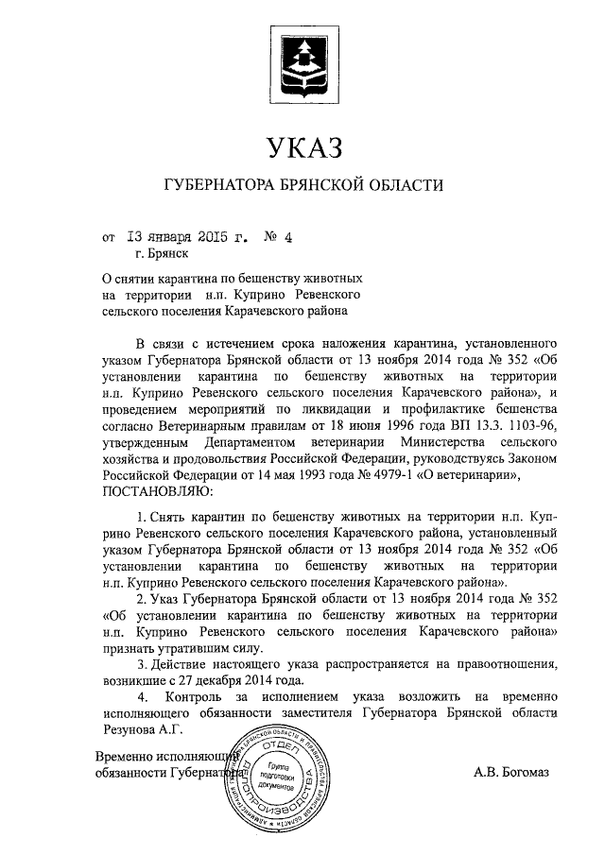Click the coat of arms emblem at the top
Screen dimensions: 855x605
click(x=302, y=60)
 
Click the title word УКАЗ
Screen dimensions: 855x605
click(x=302, y=148)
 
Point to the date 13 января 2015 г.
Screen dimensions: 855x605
click(x=183, y=237)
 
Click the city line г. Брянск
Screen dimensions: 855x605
click(x=162, y=253)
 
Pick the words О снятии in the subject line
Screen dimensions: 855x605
click(x=127, y=281)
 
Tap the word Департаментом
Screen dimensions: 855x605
click(x=259, y=441)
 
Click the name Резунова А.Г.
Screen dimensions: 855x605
click(x=140, y=730)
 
